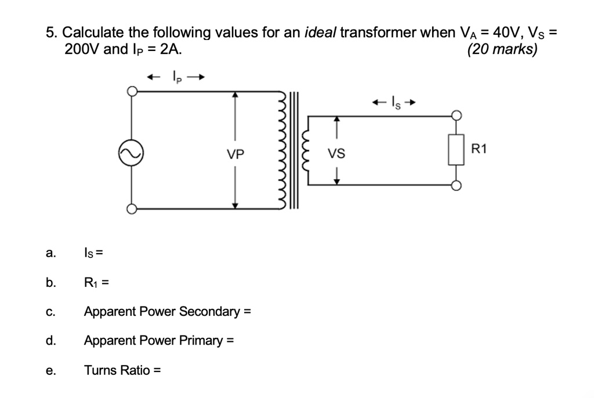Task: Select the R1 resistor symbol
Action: (457, 150)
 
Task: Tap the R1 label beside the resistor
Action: (479, 149)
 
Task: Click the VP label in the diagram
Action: (236, 155)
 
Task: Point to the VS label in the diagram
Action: (336, 154)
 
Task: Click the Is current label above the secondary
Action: (394, 103)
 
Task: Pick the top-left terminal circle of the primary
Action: (132, 91)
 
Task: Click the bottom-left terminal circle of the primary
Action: (132, 209)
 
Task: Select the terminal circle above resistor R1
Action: (457, 115)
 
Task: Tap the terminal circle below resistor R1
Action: (457, 185)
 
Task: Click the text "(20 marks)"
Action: (502, 49)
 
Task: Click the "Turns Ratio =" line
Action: (122, 370)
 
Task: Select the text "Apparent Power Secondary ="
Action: (167, 311)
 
